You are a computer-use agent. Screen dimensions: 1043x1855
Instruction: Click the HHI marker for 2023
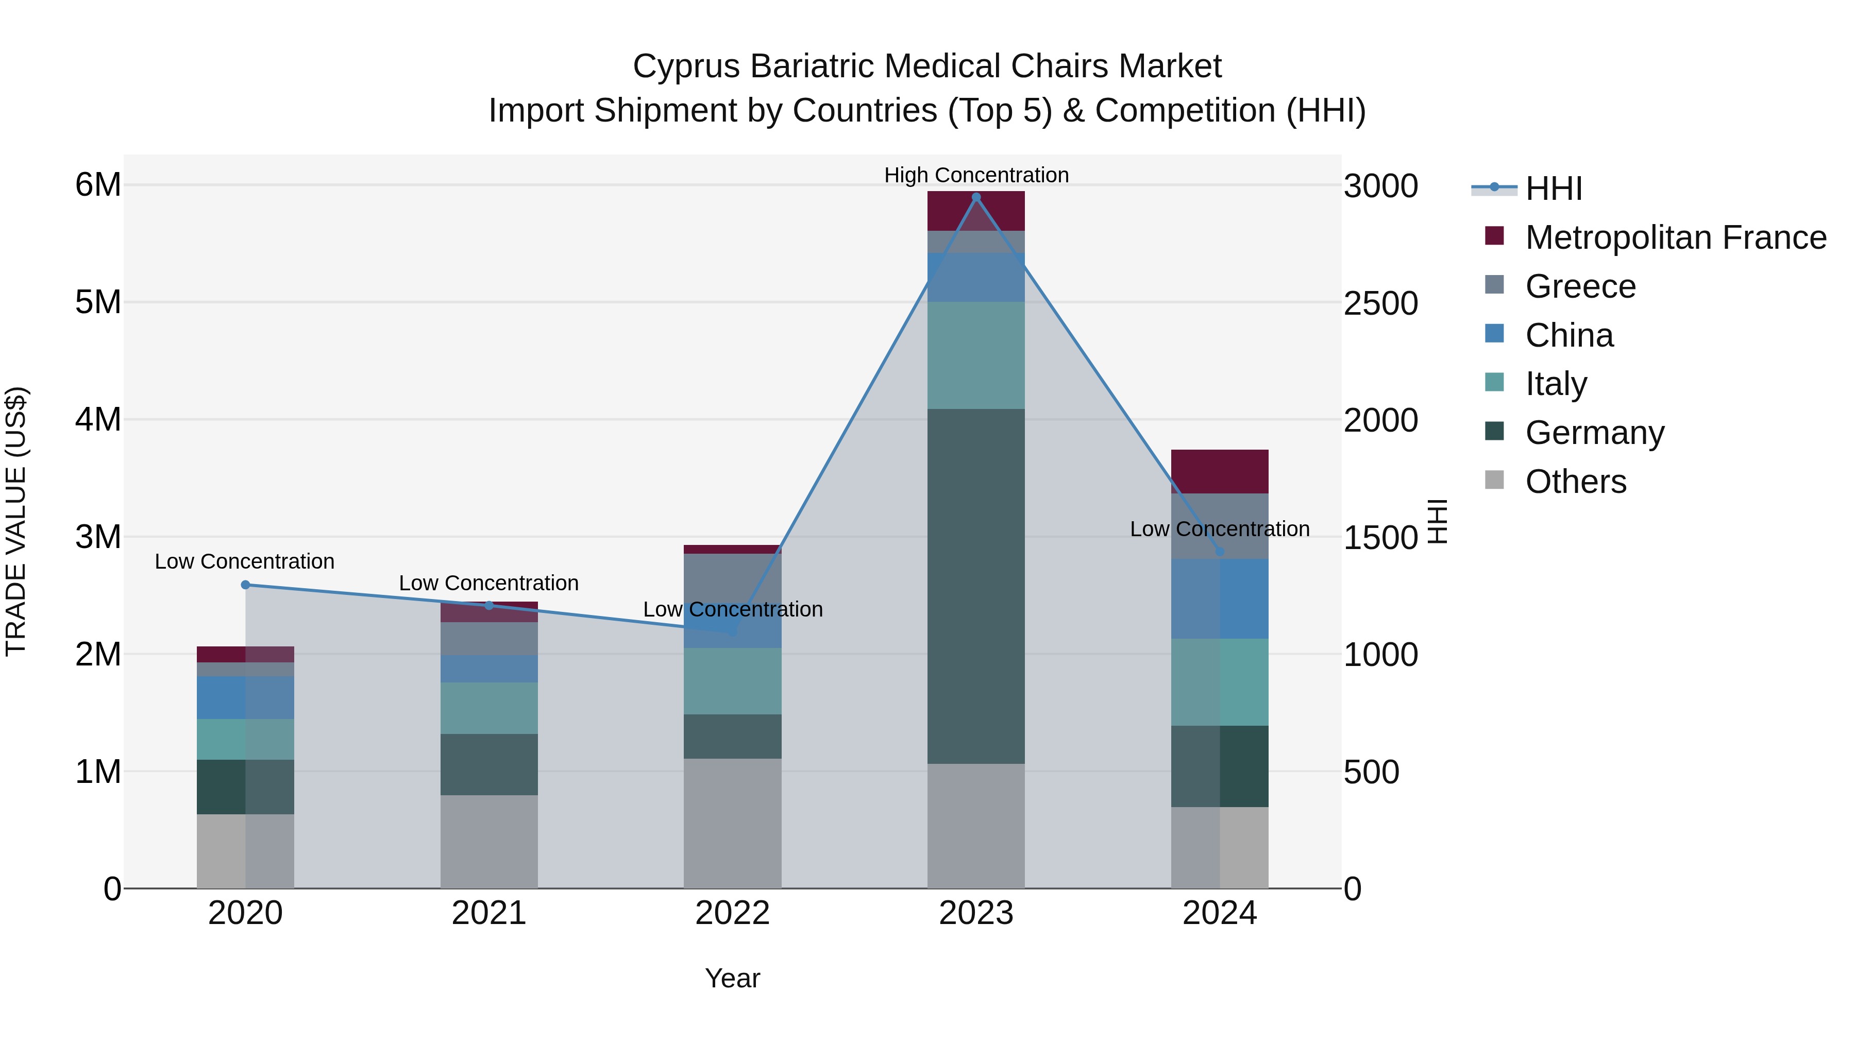point(976,197)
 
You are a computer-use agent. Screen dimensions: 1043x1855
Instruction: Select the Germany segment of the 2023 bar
point(976,586)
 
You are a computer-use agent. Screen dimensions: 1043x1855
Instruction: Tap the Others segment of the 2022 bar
point(732,823)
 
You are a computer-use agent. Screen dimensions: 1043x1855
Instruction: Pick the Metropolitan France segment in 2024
point(1219,471)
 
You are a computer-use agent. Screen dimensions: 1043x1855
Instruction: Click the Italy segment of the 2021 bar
point(489,708)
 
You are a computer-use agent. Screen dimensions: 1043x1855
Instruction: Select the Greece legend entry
point(1580,286)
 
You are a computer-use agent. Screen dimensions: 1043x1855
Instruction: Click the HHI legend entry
point(1553,189)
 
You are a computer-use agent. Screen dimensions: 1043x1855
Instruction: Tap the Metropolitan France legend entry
point(1675,237)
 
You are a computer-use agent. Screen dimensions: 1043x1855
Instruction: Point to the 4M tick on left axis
point(98,420)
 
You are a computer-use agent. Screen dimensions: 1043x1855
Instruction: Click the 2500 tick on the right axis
point(1380,303)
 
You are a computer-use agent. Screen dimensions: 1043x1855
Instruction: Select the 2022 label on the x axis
point(732,913)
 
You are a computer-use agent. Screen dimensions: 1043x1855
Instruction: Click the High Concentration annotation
point(976,175)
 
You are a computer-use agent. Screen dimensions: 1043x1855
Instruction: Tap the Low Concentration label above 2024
point(1219,529)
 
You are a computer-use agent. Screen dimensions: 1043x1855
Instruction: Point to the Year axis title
point(732,978)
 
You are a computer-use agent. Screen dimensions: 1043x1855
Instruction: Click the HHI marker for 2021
point(489,605)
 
